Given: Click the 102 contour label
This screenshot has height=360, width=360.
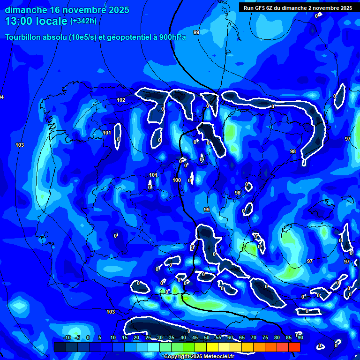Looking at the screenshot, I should pyautogui.click(x=121, y=100).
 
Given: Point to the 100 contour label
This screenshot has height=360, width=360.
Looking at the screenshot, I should pyautogui.click(x=177, y=180).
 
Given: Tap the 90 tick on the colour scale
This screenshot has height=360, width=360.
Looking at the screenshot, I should pyautogui.click(x=300, y=337).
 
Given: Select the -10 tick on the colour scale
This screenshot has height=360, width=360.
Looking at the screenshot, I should pyautogui.click(x=67, y=337).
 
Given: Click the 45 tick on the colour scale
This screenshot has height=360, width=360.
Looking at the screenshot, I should pyautogui.click(x=195, y=337).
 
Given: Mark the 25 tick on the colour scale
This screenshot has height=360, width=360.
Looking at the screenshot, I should pyautogui.click(x=148, y=337).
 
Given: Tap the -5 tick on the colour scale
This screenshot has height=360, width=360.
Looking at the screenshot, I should pyautogui.click(x=78, y=337).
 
